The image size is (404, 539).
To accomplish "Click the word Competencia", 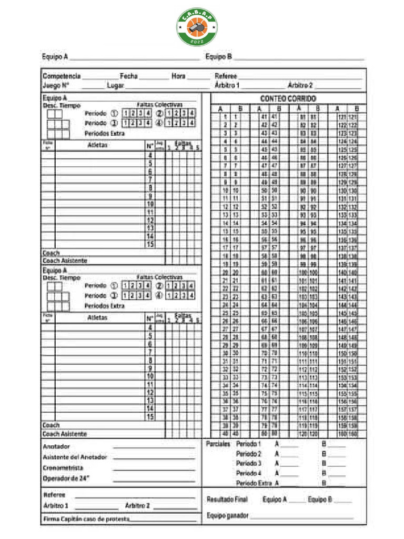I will click(x=61, y=76).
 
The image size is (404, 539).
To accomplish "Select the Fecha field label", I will click(x=129, y=76).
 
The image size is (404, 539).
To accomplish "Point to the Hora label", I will click(x=178, y=76).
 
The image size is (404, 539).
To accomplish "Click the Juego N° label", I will click(x=56, y=85).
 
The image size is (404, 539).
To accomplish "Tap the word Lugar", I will click(x=115, y=85).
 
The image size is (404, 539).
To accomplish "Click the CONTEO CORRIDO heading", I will click(x=288, y=99).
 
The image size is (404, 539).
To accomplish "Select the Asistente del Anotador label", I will click(x=75, y=457).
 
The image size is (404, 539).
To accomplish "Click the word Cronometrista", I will click(x=63, y=467).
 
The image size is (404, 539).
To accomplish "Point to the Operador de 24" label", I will click(x=66, y=478).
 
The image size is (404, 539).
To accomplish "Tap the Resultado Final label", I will click(x=227, y=500).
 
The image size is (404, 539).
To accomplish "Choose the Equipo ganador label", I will click(x=228, y=515).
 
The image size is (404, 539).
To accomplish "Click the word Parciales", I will click(x=218, y=444).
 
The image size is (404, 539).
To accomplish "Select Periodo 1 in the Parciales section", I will click(x=249, y=444).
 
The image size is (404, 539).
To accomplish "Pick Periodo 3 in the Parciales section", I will click(x=249, y=463).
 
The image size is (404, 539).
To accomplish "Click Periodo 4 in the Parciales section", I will click(x=249, y=473).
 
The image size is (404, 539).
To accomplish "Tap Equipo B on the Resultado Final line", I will click(x=320, y=500).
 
